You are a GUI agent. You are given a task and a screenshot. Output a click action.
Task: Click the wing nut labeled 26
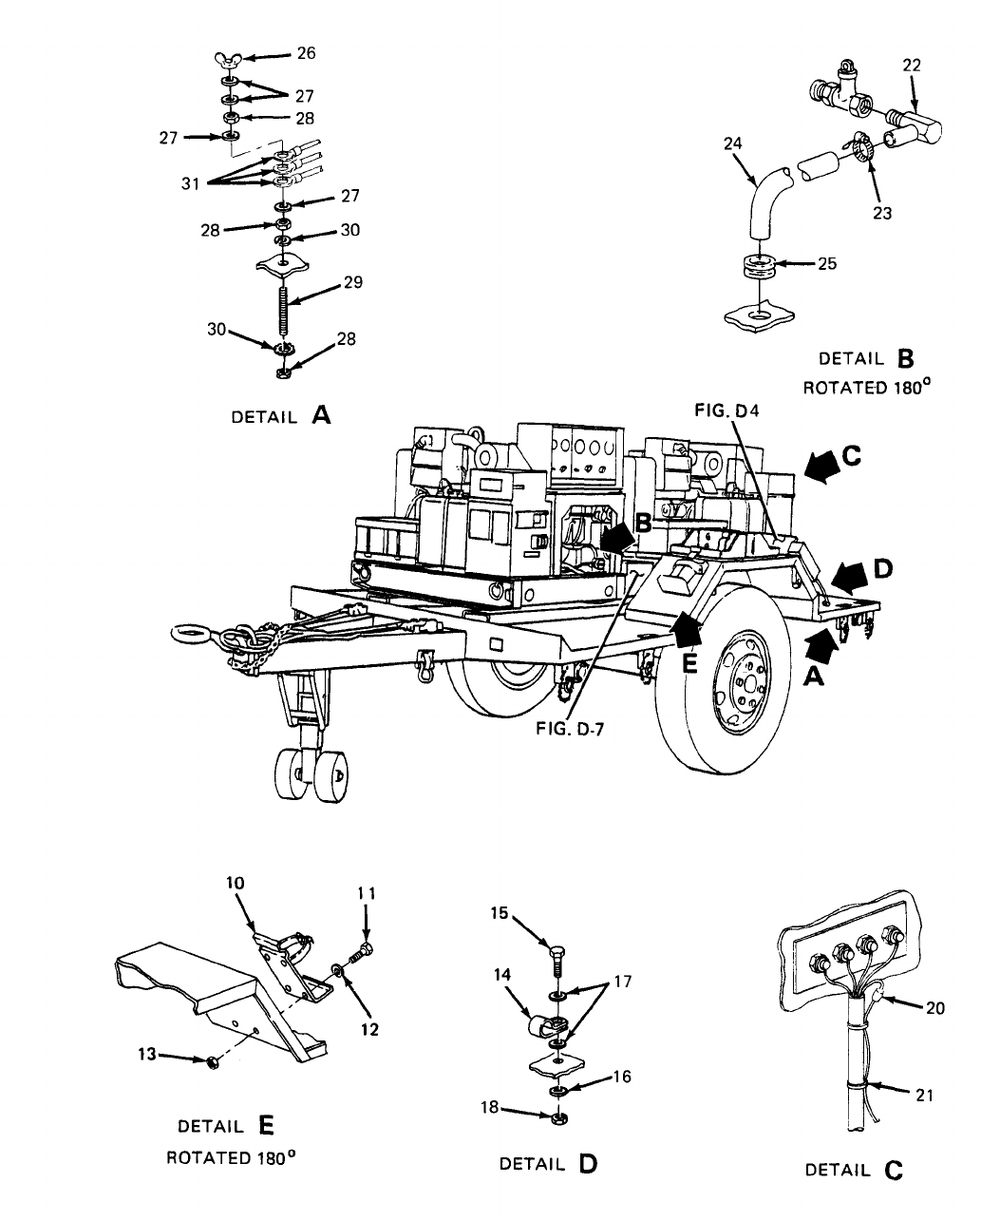[227, 63]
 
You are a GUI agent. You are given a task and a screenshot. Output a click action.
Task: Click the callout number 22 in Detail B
[912, 65]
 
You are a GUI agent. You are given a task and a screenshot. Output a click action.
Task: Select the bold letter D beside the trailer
[882, 569]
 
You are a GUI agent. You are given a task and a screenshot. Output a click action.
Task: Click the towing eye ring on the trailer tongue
[190, 633]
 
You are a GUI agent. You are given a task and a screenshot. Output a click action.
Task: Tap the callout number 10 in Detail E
[236, 882]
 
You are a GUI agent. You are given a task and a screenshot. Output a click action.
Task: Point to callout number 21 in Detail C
[923, 1095]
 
